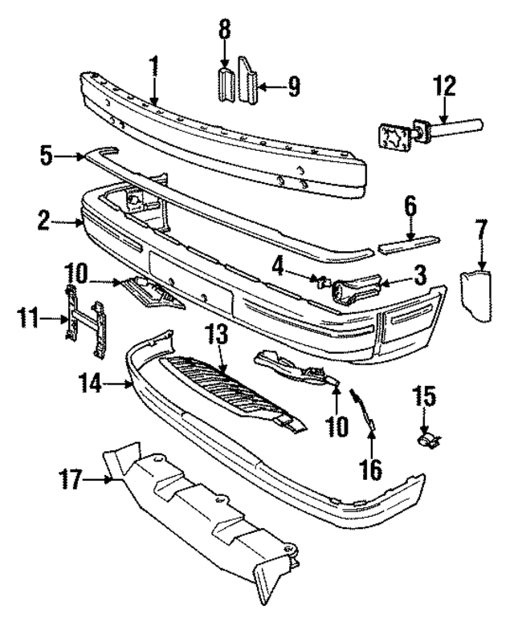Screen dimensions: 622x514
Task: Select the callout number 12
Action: coord(444,86)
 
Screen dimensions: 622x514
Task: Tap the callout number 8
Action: coord(225,30)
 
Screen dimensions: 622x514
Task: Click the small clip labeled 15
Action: coord(428,439)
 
